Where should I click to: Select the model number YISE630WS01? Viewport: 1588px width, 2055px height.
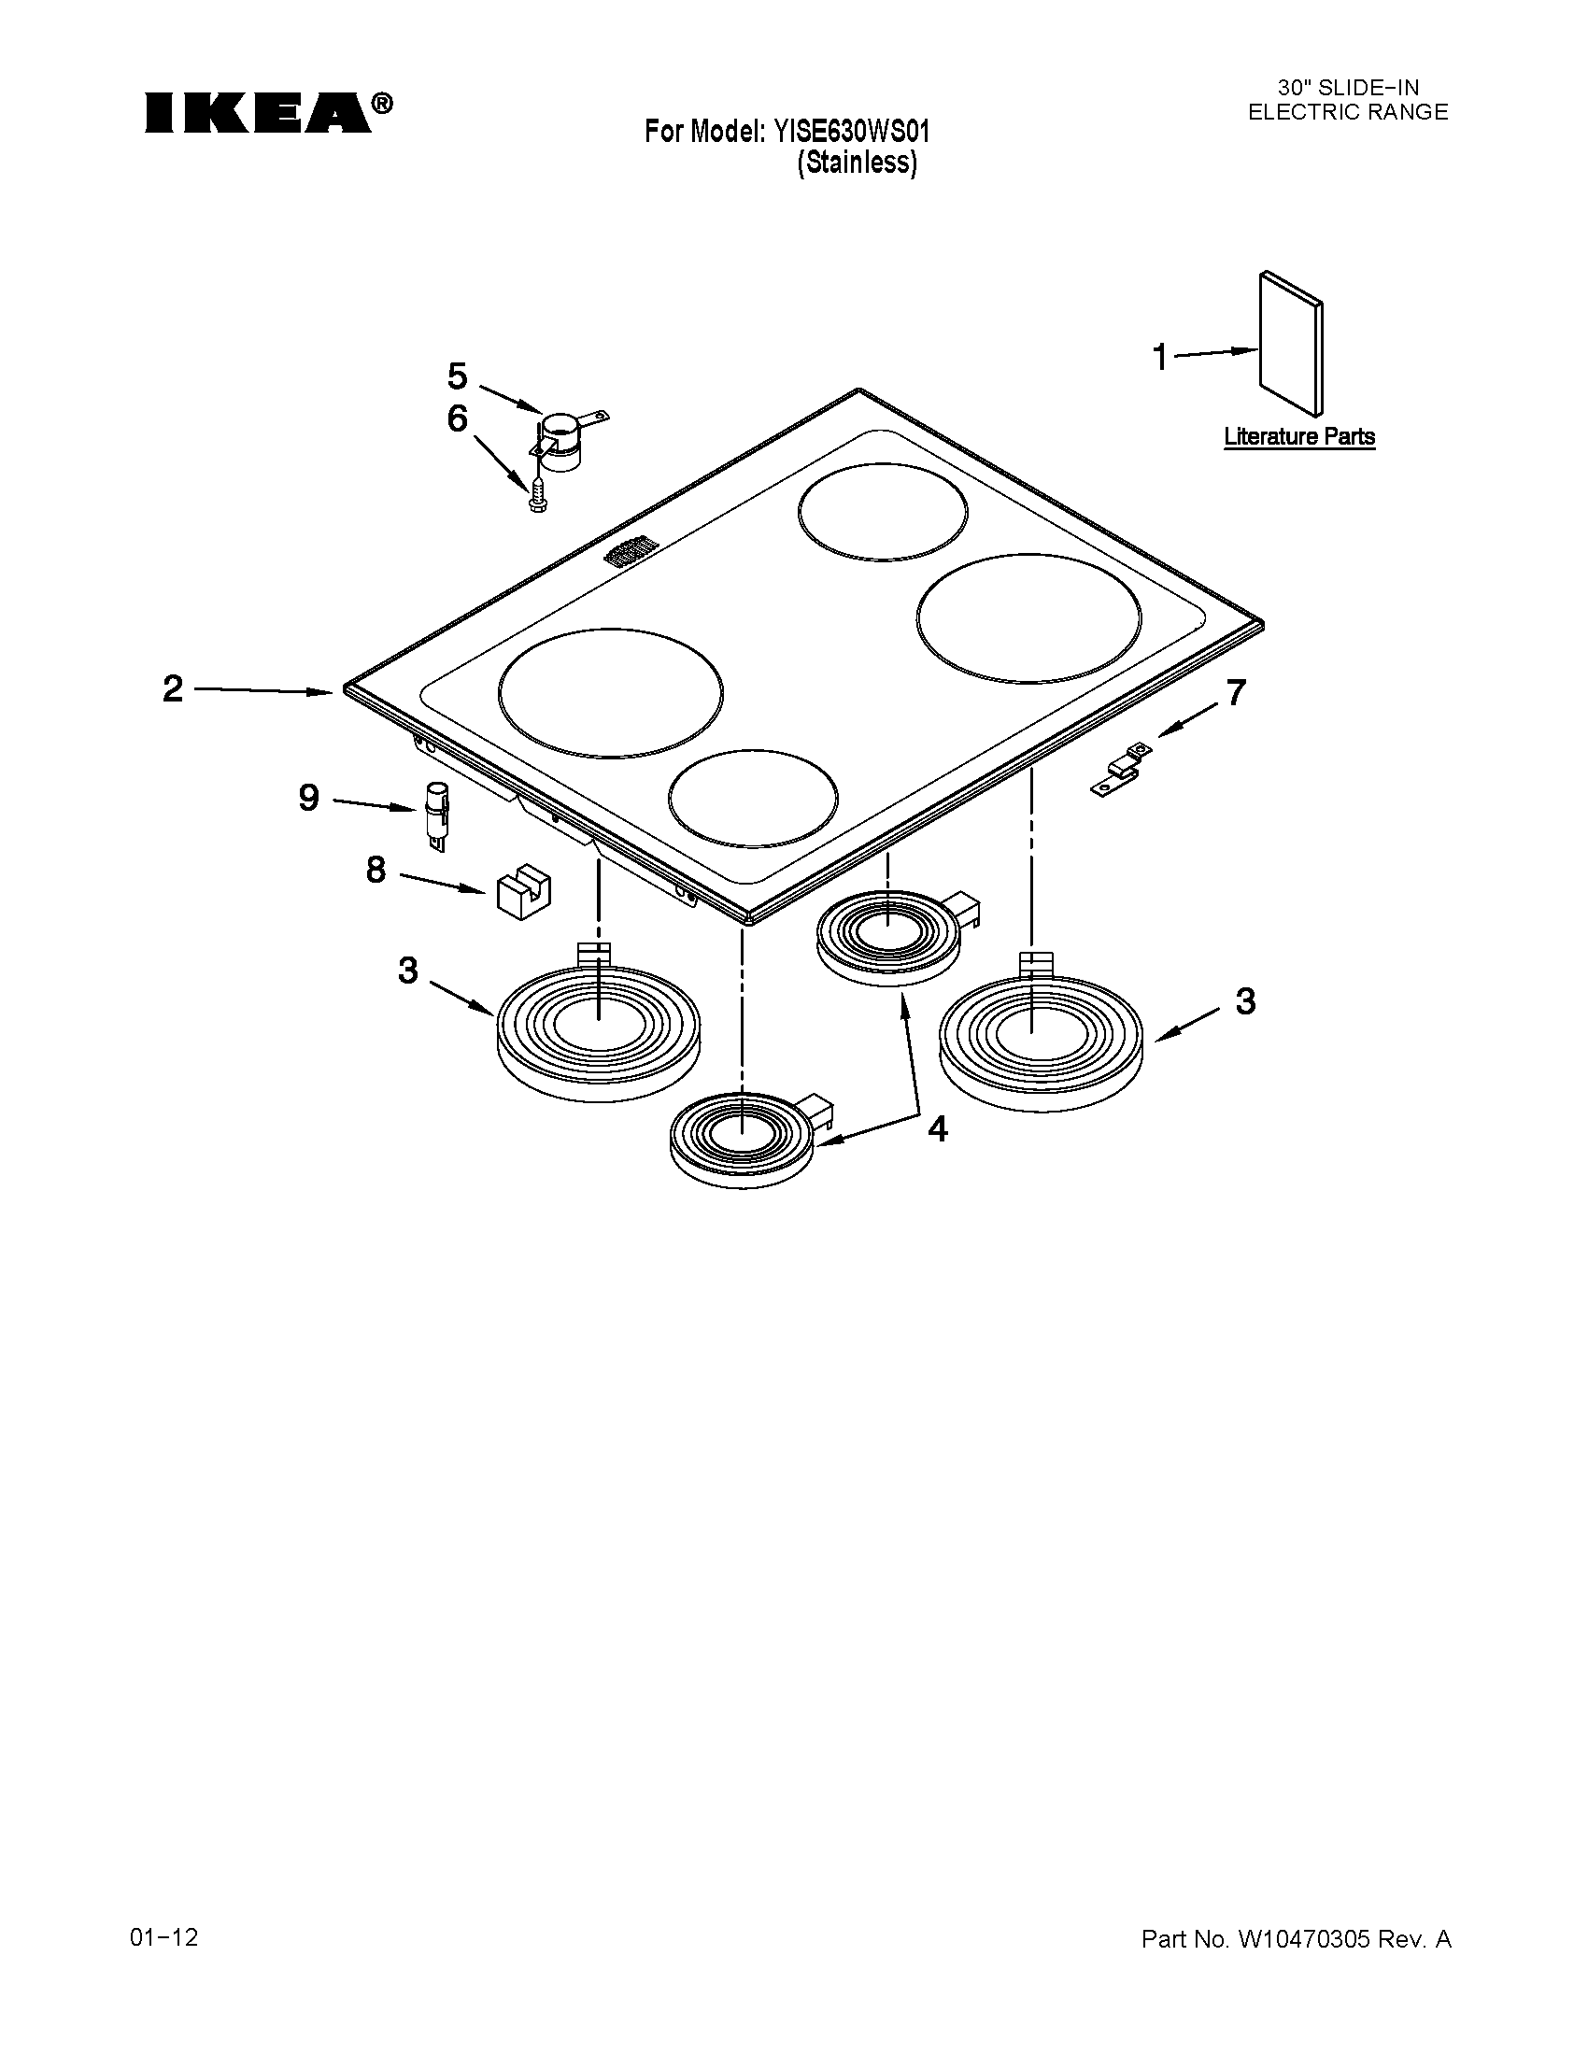(851, 132)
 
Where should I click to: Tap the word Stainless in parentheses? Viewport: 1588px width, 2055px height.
(856, 163)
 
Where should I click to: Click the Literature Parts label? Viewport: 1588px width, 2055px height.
(1299, 436)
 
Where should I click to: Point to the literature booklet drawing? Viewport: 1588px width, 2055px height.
(1291, 345)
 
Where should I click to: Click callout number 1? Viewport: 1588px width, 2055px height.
(1161, 358)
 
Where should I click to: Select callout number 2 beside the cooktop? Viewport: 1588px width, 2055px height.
(173, 688)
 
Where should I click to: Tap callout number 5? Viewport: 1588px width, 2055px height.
(457, 376)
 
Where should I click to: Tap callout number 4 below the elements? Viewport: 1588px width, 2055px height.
(937, 1129)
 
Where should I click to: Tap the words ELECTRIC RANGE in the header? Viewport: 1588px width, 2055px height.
(1347, 112)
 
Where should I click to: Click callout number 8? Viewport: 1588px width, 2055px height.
(376, 871)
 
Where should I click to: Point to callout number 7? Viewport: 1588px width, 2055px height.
(1235, 692)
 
